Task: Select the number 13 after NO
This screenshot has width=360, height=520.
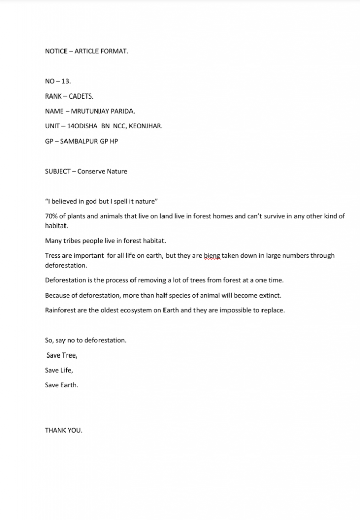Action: point(65,81)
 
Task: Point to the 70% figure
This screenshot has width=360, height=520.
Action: point(52,216)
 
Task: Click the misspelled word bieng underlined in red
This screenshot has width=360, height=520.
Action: point(212,256)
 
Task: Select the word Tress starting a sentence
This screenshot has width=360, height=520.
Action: point(53,256)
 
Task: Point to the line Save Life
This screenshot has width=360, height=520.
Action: point(59,370)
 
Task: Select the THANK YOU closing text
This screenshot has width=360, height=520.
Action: point(63,430)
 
